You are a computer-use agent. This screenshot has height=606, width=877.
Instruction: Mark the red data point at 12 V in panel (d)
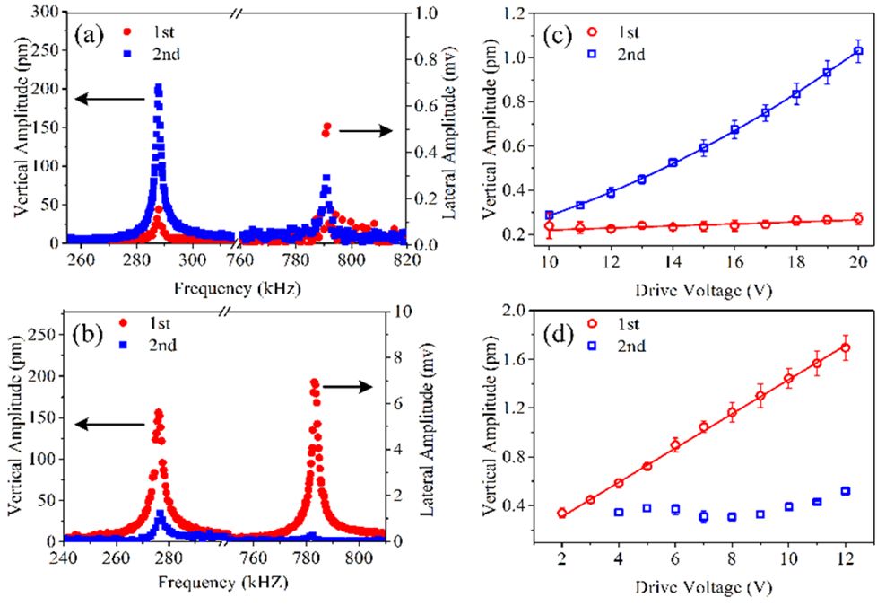845,347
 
